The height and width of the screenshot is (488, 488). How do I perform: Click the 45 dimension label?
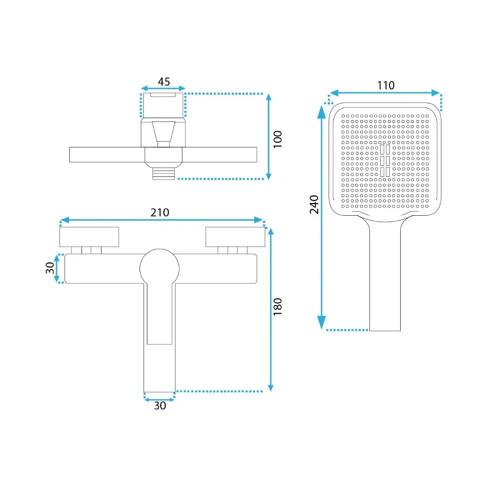pos(163,81)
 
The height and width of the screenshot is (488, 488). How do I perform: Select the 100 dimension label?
pos(277,139)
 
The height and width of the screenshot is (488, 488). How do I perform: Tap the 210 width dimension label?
pos(160,213)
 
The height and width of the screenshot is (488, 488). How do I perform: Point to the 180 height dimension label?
pos(277,306)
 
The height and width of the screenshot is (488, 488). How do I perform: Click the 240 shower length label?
pos(314,204)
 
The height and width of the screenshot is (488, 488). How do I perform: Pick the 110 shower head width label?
pos(386,85)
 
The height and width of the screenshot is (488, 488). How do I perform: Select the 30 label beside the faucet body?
pos(50,267)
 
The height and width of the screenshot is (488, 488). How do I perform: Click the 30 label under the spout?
pos(160,406)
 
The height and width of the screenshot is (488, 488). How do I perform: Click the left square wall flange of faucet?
pos(89,237)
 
